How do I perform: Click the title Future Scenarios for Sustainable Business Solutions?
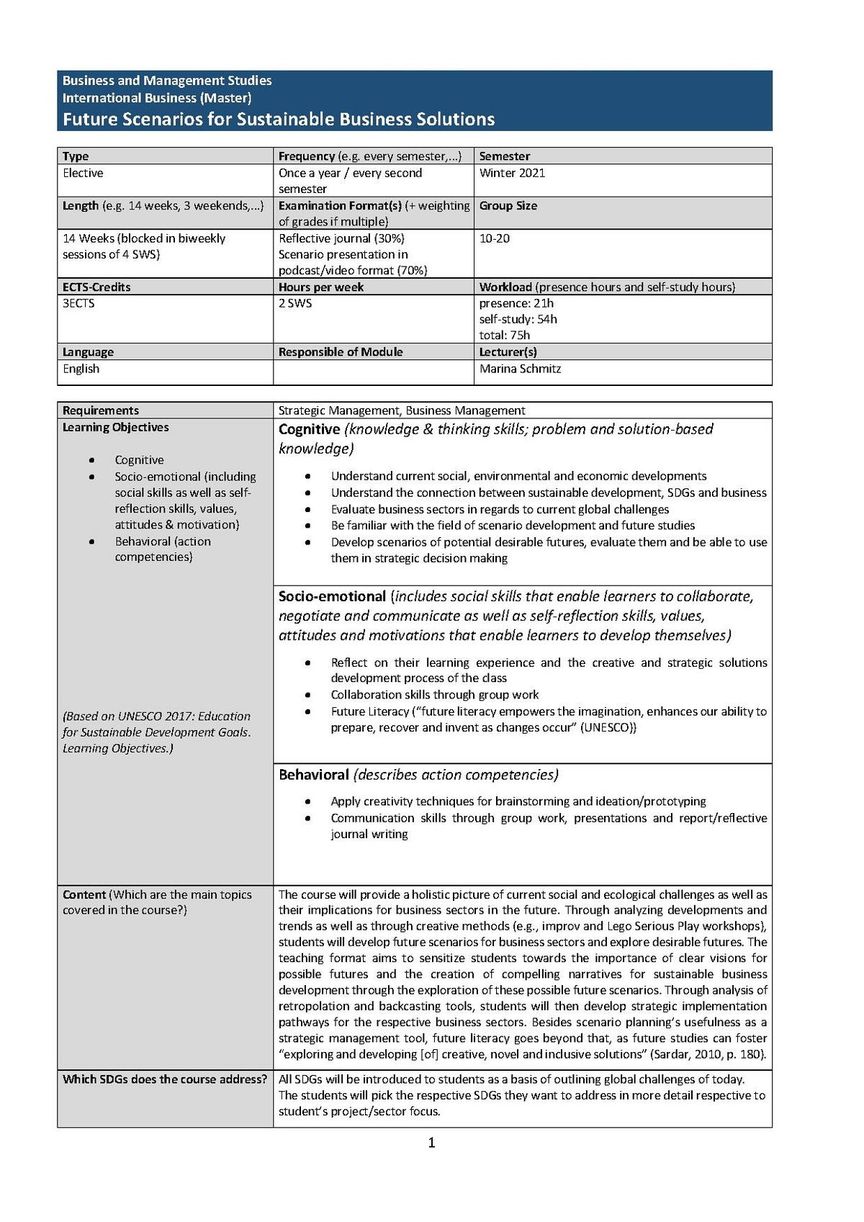(278, 119)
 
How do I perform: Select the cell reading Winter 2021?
(512, 173)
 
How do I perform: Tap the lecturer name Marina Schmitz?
(520, 369)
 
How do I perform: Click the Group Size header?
(508, 206)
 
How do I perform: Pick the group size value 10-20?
(494, 238)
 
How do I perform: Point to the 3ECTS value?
(78, 303)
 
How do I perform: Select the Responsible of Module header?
(341, 352)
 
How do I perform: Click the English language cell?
(81, 369)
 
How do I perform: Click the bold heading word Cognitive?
(309, 429)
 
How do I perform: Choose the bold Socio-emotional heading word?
(332, 596)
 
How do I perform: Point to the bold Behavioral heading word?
(313, 775)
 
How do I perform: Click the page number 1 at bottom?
(431, 1143)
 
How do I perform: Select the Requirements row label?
(101, 410)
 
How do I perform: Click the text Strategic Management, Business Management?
(402, 410)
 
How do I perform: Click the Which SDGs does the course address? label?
(165, 1079)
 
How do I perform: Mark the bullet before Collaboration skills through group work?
(308, 696)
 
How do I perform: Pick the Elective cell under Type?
(83, 173)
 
